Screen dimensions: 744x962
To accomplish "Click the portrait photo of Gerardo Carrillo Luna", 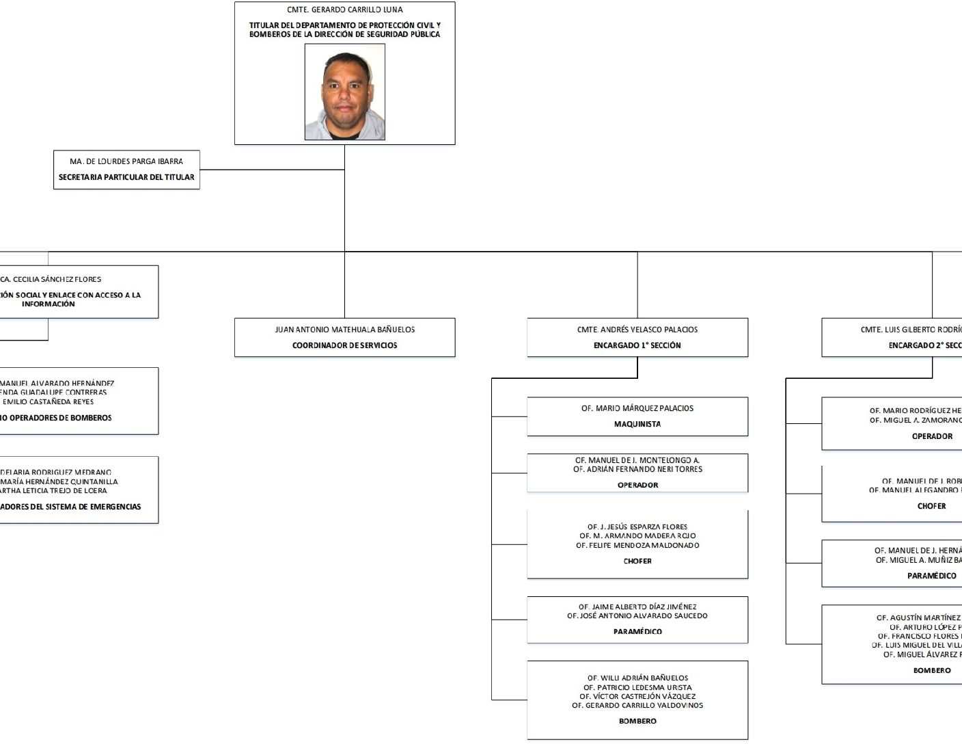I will [344, 92].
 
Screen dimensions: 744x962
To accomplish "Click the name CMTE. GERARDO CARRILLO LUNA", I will [344, 10].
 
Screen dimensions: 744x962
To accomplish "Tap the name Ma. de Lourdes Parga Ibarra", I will [126, 161].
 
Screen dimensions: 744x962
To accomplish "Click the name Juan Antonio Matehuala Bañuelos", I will [344, 330].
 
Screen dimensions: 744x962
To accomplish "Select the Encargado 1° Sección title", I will [637, 345].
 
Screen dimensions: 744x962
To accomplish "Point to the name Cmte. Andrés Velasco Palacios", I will [637, 330].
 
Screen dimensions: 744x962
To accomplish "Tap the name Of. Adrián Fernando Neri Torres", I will [637, 470].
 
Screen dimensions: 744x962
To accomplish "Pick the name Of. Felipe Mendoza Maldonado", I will [637, 546].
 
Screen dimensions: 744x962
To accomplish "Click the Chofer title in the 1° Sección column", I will [637, 561].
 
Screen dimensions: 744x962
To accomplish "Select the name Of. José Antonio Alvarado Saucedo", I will [637, 616].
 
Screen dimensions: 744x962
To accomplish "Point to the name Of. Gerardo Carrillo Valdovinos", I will [637, 706].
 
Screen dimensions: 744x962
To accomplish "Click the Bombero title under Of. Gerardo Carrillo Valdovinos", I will [637, 721].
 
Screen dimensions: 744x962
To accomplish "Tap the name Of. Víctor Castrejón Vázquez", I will [637, 697].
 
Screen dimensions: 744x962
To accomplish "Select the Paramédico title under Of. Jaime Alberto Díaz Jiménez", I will [637, 632].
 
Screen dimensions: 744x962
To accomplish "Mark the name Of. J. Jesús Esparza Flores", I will [637, 527].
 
